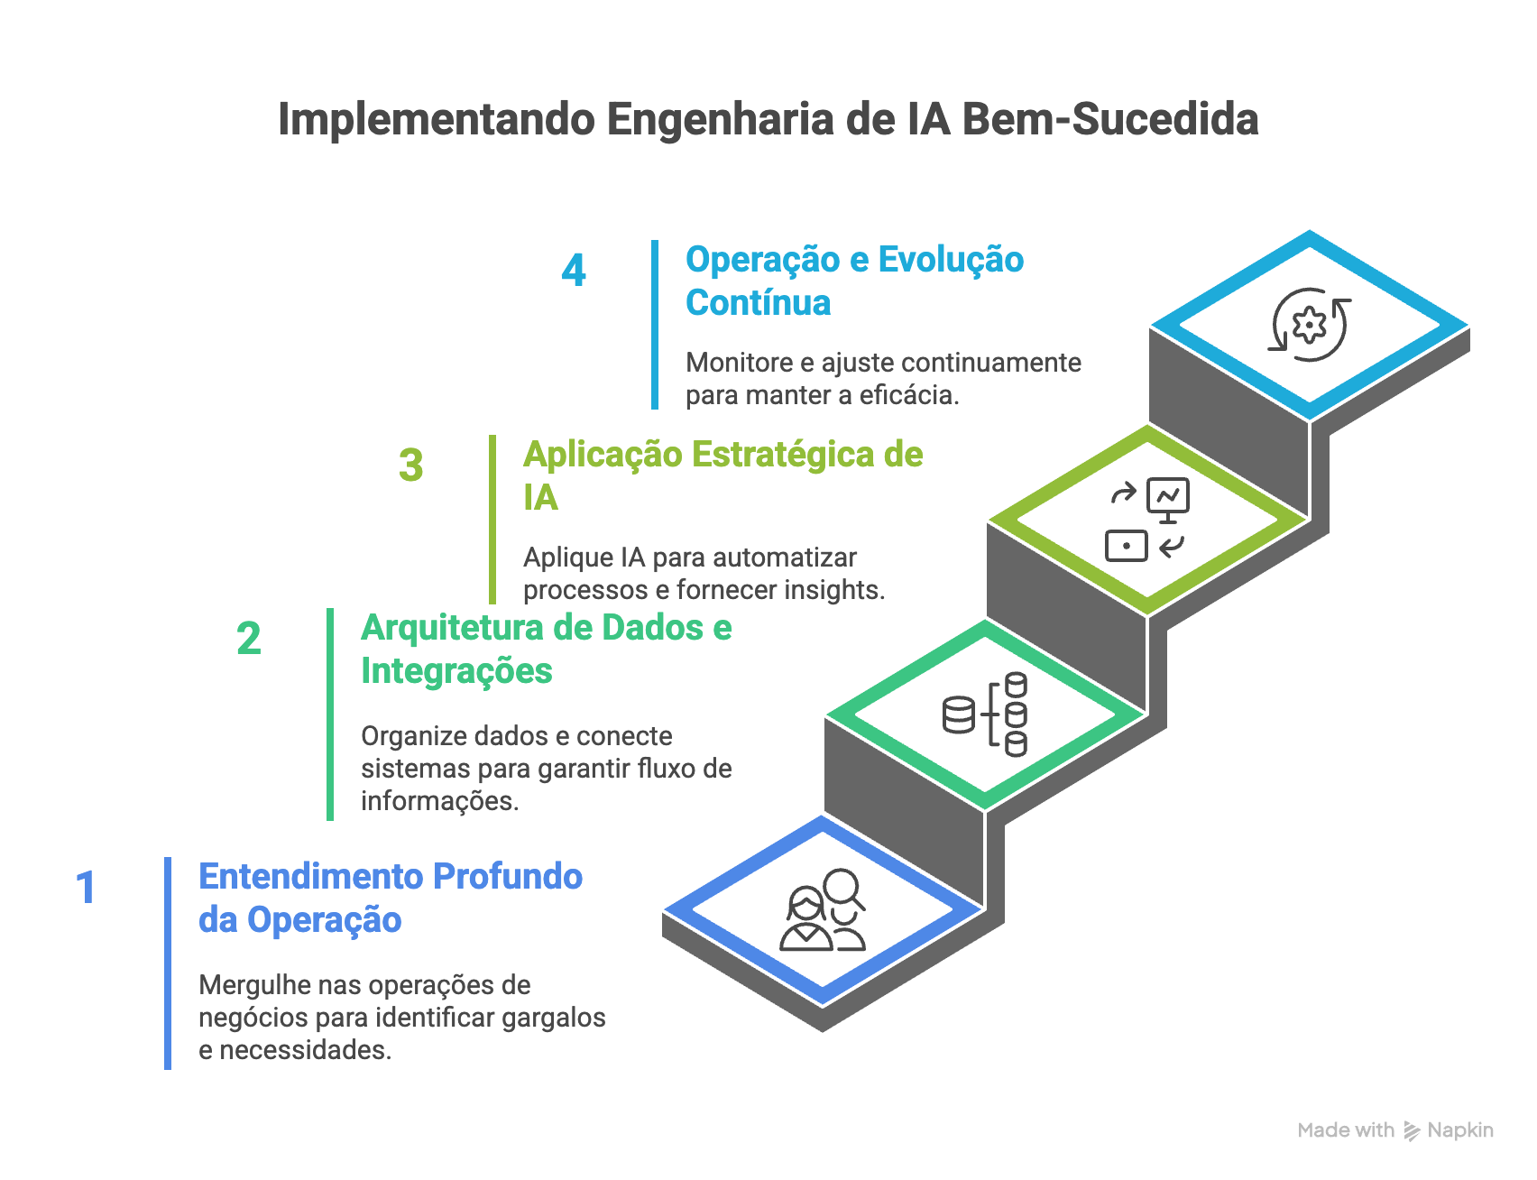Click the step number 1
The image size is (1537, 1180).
86,888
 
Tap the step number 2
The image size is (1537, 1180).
249,639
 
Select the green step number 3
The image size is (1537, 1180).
411,466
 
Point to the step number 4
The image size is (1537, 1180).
574,271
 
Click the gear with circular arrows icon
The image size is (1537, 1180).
1310,325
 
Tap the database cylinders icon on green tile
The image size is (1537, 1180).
985,714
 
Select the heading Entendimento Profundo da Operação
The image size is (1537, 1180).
390,898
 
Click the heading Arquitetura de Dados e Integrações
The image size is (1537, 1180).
545,649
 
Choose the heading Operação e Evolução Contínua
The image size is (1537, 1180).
853,281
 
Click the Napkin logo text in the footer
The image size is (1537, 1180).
1459,1130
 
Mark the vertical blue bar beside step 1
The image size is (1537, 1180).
168,963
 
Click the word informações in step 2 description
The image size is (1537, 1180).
438,801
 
